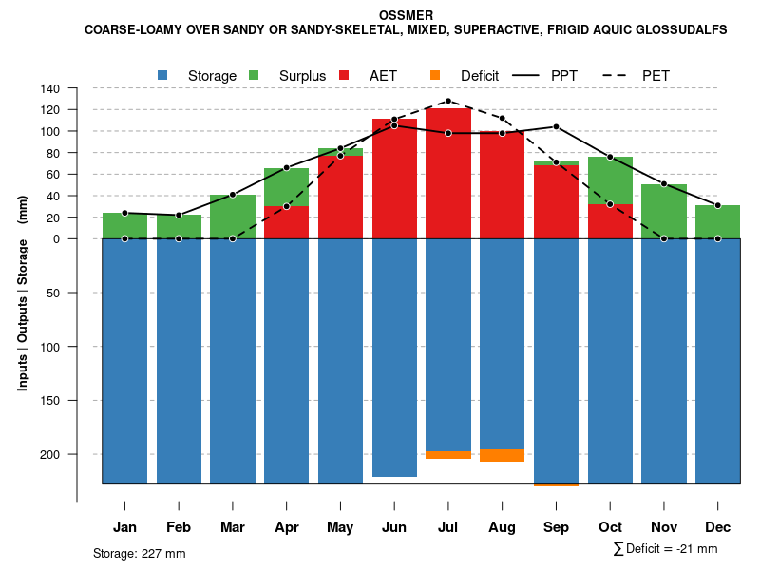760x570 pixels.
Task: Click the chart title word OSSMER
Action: [406, 15]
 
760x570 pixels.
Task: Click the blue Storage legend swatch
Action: [163, 75]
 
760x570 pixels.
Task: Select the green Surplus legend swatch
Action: [255, 75]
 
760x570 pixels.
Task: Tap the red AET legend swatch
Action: [345, 75]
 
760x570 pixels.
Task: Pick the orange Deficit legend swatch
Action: [436, 75]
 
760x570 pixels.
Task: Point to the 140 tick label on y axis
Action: [50, 88]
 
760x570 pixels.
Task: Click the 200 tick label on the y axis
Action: [50, 454]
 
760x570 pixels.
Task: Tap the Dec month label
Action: [717, 527]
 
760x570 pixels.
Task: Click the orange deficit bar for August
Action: [502, 455]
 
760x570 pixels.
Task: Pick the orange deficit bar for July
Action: [448, 455]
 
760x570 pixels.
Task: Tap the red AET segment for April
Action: [286, 222]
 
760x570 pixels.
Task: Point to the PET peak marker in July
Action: [448, 101]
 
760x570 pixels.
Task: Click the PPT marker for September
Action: [556, 126]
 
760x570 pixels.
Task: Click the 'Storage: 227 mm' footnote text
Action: [139, 553]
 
